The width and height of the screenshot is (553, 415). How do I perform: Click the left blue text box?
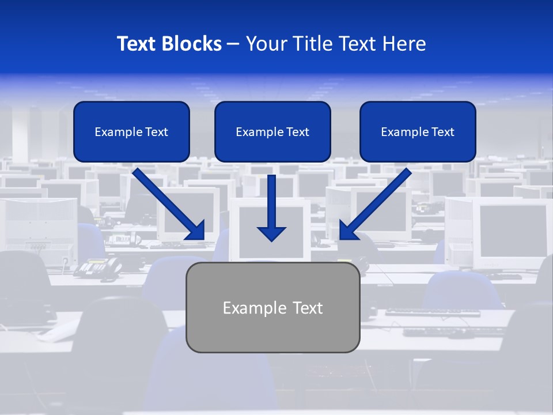pyautogui.click(x=131, y=131)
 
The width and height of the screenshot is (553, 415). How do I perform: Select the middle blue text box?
pyautogui.click(x=272, y=131)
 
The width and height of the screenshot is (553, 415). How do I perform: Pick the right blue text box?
pyautogui.click(x=418, y=131)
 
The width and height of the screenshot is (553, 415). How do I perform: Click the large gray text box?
pyautogui.click(x=272, y=307)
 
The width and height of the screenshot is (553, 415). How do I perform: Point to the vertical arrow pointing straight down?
pyautogui.click(x=271, y=207)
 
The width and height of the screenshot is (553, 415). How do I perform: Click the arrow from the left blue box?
pyautogui.click(x=168, y=203)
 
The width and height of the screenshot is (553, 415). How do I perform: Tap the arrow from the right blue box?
pyautogui.click(x=375, y=203)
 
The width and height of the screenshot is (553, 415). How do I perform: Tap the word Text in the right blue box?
pyautogui.click(x=442, y=132)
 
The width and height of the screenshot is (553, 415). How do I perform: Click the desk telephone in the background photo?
pyautogui.click(x=95, y=268)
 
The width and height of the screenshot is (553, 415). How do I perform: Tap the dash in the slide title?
pyautogui.click(x=233, y=44)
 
